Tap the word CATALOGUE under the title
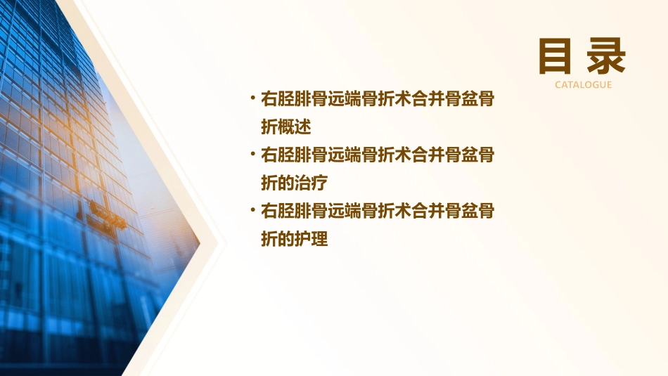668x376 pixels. click(583, 84)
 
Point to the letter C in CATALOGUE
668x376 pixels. click(558, 84)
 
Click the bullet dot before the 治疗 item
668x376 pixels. click(252, 153)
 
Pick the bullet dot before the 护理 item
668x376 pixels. click(252, 209)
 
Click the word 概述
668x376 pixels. click(294, 127)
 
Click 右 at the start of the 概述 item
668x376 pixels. click(269, 99)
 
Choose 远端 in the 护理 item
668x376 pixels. click(352, 212)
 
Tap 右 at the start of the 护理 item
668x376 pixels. click(269, 212)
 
